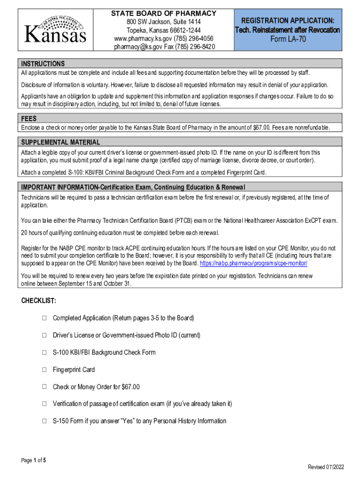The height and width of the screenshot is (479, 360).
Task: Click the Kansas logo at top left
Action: (x=55, y=30)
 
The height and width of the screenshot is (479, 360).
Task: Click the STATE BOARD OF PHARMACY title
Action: (x=163, y=14)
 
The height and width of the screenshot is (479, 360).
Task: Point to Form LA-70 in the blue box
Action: (x=288, y=39)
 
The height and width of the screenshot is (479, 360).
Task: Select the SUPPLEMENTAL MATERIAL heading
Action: (x=60, y=142)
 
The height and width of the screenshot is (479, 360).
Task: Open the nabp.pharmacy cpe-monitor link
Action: (x=253, y=263)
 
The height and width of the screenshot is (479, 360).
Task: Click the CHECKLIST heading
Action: (x=39, y=300)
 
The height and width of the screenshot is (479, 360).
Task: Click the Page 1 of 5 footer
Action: (x=34, y=460)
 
